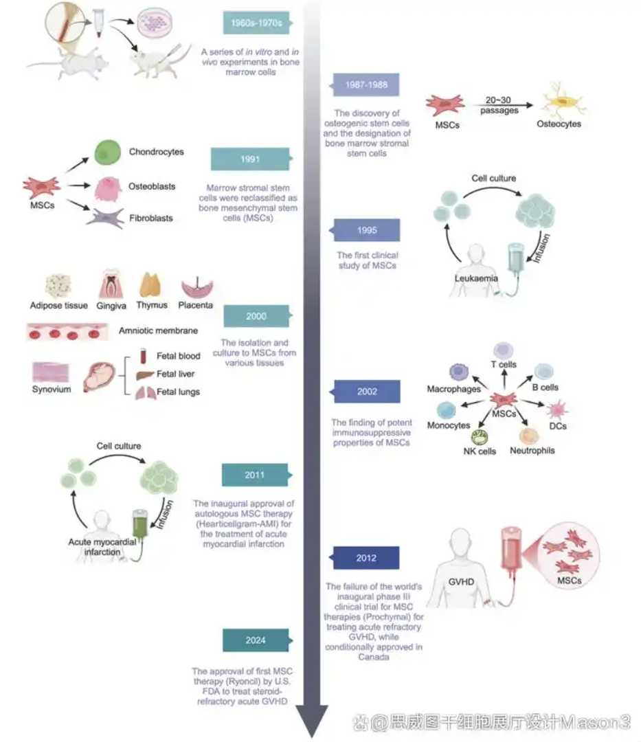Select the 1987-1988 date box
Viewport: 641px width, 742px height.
point(366,85)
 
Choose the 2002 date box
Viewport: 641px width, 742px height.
point(366,392)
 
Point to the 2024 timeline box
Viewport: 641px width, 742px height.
point(255,640)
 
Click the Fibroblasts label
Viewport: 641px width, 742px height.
point(151,218)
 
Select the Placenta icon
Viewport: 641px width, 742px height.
point(196,287)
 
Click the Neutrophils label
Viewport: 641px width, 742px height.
point(532,451)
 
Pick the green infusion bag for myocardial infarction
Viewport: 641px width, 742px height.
point(141,528)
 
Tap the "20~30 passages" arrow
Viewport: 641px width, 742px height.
point(499,106)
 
